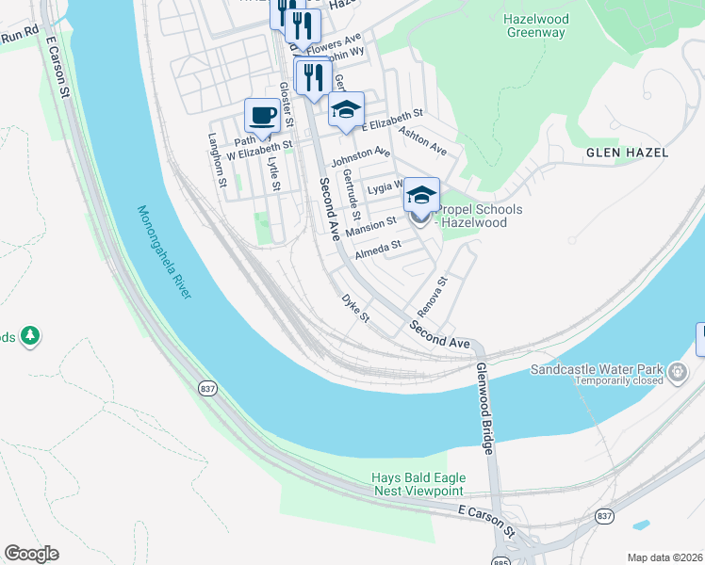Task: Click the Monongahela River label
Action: click(x=164, y=253)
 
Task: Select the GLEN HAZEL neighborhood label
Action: click(x=627, y=152)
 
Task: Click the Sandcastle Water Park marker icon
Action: click(x=676, y=374)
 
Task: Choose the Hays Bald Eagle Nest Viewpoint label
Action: click(x=418, y=484)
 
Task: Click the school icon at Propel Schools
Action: click(x=421, y=197)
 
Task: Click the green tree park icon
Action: click(x=30, y=335)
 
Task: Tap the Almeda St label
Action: click(x=378, y=250)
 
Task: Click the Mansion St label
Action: click(x=370, y=227)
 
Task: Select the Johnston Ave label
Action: click(x=359, y=154)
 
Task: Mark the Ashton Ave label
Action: click(x=422, y=141)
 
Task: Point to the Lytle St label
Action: click(x=273, y=172)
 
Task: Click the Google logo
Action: click(x=31, y=554)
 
